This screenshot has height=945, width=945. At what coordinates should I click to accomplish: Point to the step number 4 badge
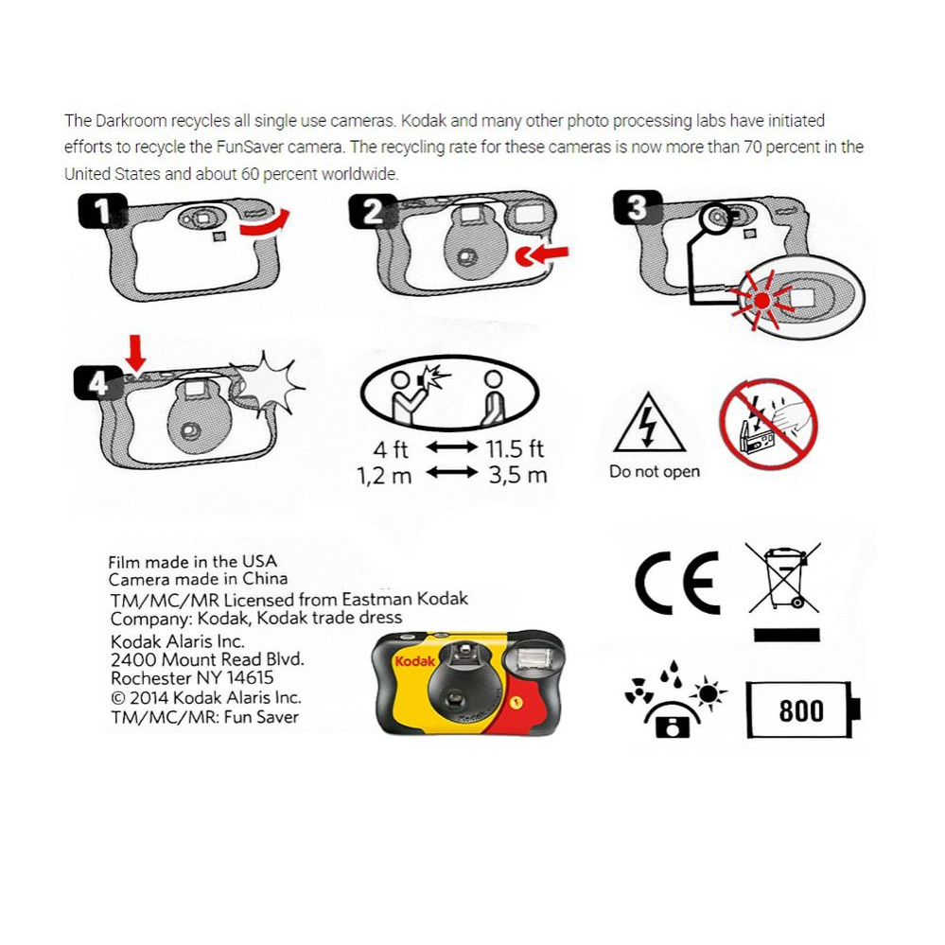(96, 383)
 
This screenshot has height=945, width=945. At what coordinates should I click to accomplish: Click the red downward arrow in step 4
(136, 354)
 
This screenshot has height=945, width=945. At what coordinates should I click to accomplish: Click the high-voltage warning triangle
(648, 423)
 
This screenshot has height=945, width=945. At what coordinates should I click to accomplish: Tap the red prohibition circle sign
(767, 424)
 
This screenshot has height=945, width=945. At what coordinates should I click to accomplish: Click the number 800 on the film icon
(800, 710)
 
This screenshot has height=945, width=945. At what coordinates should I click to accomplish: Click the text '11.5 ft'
(515, 447)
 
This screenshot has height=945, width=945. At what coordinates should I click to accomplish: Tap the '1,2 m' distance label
(384, 475)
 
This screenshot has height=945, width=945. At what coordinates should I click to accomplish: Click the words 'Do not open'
(655, 472)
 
